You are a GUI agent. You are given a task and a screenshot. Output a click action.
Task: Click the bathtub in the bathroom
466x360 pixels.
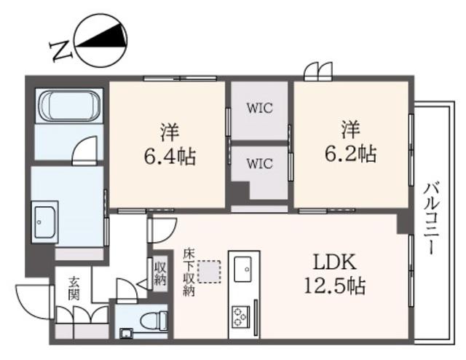(x=70, y=106)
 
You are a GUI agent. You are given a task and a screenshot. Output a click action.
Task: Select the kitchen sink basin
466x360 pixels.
(x=242, y=269)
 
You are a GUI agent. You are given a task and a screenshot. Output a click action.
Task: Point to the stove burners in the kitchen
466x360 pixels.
(x=240, y=317)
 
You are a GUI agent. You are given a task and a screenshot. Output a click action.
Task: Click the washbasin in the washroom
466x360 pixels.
(x=45, y=222)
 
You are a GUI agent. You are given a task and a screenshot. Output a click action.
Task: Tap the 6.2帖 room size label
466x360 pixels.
(x=351, y=154)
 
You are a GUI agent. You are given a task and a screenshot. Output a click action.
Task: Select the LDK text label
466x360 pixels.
(x=335, y=262)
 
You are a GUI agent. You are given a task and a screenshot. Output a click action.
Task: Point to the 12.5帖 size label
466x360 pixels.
(x=334, y=286)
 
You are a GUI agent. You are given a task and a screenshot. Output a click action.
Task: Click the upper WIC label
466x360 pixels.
(x=259, y=108)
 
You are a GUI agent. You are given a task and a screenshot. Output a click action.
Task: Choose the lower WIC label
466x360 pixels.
(x=259, y=164)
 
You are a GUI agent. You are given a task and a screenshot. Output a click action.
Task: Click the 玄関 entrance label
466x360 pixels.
(x=74, y=288)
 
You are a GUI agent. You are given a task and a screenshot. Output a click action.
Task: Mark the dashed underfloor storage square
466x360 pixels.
(x=210, y=271)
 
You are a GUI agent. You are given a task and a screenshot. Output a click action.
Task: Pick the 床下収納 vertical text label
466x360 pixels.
(x=189, y=273)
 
